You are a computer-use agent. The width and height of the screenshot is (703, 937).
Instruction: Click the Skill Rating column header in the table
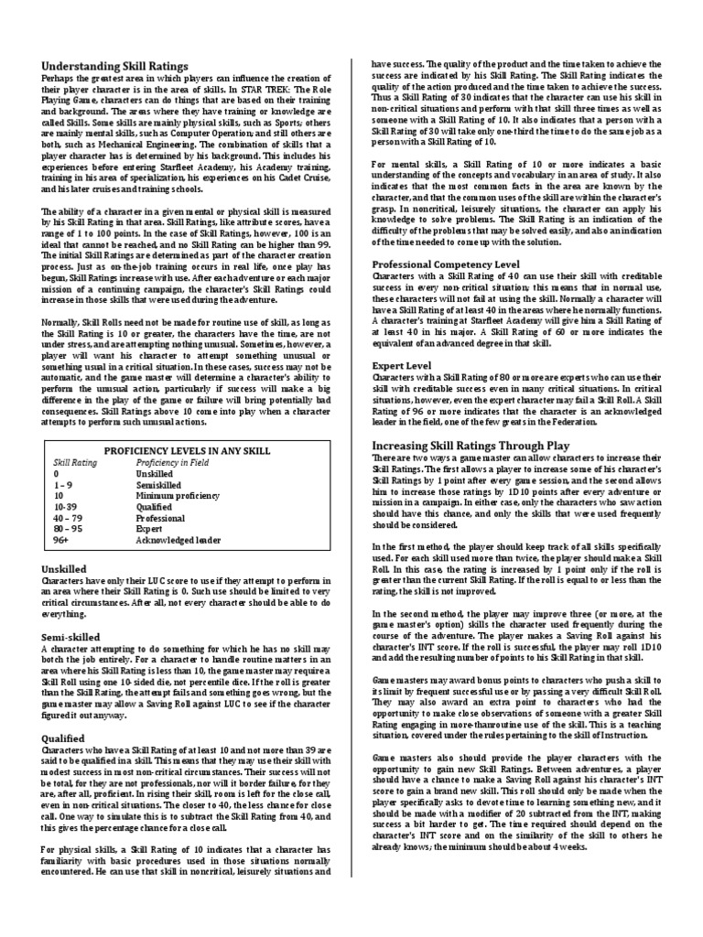75,463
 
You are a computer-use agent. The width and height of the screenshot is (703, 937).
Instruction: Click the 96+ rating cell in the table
62,540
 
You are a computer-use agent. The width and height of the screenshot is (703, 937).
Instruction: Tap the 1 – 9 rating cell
64,485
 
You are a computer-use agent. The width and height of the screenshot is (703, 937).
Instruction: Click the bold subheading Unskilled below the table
64,567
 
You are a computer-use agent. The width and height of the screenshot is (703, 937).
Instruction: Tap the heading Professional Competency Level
446,264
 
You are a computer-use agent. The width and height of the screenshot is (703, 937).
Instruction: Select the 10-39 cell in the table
65,507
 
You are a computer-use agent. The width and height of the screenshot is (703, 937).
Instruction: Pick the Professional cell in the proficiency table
160,518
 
